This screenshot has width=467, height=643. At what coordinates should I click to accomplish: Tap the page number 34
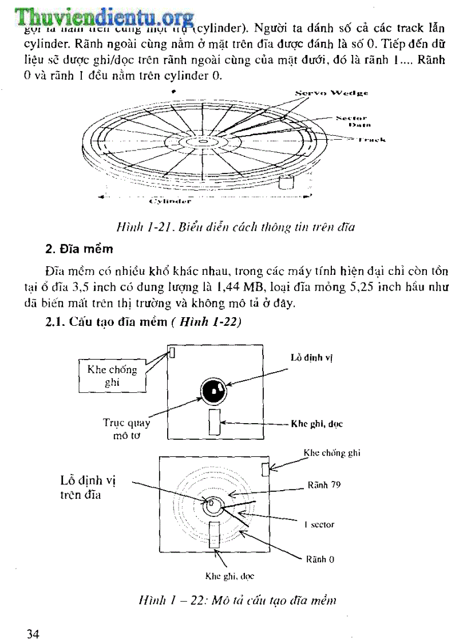point(33,633)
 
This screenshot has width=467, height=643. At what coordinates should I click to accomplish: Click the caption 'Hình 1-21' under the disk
point(235,227)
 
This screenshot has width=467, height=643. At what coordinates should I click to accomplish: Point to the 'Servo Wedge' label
point(332,92)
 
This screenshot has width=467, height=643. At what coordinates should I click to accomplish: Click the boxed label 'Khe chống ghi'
point(112,376)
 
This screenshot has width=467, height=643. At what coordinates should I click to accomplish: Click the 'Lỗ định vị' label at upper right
point(312,358)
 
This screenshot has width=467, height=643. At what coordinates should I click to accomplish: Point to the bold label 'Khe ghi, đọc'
point(316,424)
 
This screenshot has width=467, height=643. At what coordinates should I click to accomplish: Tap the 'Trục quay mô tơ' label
point(126,429)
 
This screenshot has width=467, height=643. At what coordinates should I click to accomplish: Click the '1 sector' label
point(319,524)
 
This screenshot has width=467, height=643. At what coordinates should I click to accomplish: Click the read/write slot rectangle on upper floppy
point(215,422)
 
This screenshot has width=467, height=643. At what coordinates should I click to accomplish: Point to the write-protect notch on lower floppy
point(266,469)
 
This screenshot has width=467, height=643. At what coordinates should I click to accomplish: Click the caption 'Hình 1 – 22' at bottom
point(237,600)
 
